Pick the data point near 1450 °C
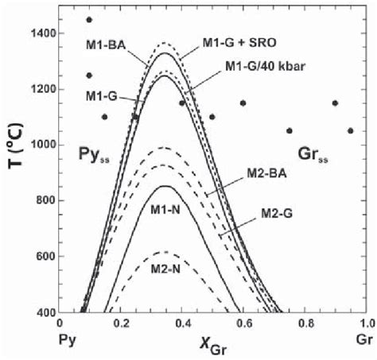89,20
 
